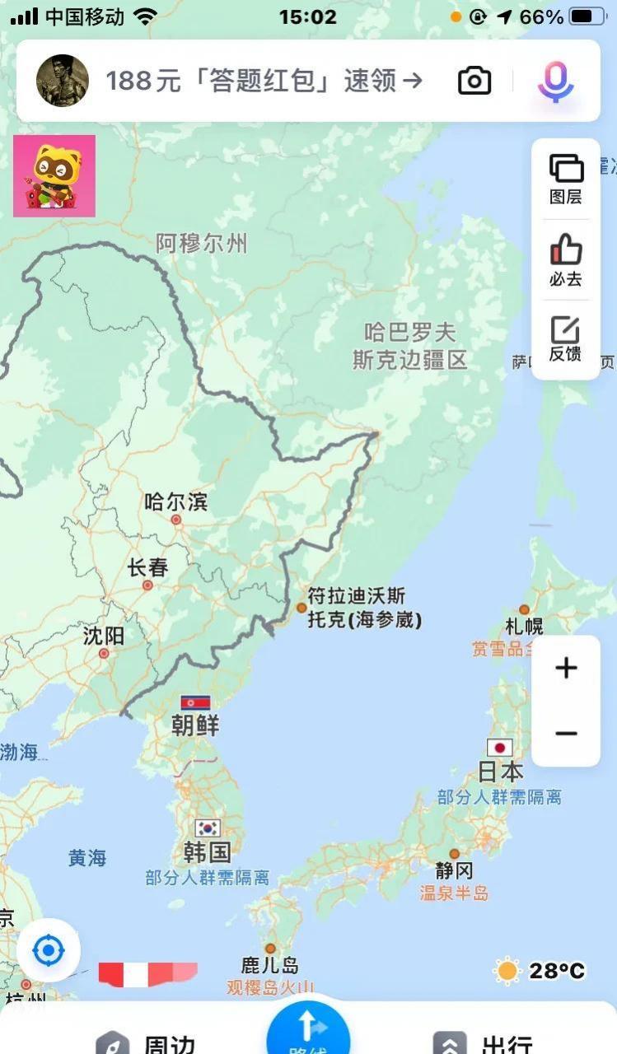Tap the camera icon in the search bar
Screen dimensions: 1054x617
pyautogui.click(x=474, y=81)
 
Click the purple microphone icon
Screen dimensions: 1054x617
pyautogui.click(x=555, y=81)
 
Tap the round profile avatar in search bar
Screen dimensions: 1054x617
pyautogui.click(x=63, y=81)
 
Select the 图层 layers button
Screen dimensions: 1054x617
pyautogui.click(x=566, y=178)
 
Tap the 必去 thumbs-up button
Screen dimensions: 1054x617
pyautogui.click(x=566, y=259)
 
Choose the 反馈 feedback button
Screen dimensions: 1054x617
pyautogui.click(x=566, y=339)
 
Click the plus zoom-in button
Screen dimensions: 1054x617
pyautogui.click(x=566, y=668)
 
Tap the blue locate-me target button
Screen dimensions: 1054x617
pyautogui.click(x=48, y=952)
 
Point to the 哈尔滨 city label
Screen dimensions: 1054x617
pyautogui.click(x=175, y=501)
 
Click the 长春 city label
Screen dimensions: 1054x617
pyautogui.click(x=147, y=568)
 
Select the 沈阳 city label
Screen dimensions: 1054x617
pyautogui.click(x=104, y=636)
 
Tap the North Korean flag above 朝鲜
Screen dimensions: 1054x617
pyautogui.click(x=195, y=702)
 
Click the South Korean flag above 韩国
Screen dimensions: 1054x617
pyautogui.click(x=208, y=828)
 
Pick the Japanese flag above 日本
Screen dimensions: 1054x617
pyautogui.click(x=500, y=748)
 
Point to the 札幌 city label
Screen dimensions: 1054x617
pyautogui.click(x=525, y=626)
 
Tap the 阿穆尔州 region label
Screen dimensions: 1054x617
pyautogui.click(x=201, y=243)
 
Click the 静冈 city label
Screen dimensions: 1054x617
pyautogui.click(x=455, y=870)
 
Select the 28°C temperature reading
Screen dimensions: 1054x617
pyautogui.click(x=557, y=971)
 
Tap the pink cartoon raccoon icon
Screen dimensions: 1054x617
pyautogui.click(x=54, y=176)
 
